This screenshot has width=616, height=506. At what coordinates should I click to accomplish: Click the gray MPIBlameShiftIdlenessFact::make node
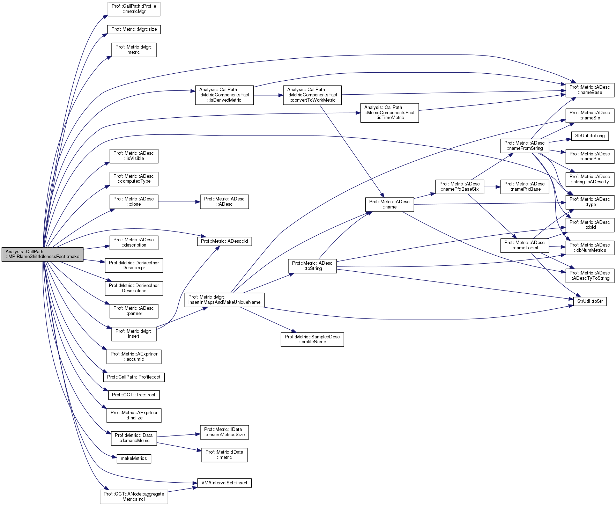pos(42,254)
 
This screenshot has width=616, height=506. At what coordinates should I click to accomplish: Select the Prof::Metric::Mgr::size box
pos(134,29)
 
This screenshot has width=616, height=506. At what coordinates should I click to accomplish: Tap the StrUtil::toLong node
pos(589,136)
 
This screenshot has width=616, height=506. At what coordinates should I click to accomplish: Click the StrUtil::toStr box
pos(590,301)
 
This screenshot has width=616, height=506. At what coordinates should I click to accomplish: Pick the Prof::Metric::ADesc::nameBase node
pos(589,90)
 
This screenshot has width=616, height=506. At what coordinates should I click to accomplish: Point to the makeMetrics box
pos(134,459)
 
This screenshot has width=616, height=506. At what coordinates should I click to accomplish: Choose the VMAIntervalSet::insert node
pos(224,483)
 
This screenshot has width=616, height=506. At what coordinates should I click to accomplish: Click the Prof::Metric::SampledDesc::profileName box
pos(312,339)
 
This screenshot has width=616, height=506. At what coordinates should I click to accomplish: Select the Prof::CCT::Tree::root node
pos(134,395)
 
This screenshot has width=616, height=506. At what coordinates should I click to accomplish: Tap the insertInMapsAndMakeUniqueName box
pos(224,300)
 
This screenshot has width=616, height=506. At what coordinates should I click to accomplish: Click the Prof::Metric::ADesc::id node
pos(224,241)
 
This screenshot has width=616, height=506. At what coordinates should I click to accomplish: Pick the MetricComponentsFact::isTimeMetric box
pos(389,113)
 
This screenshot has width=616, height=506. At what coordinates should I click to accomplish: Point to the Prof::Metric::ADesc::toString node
pos(312,266)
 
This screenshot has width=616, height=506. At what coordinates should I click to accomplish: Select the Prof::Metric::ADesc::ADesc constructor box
pos(224,202)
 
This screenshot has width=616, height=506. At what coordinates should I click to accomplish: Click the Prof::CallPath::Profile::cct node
pos(134,377)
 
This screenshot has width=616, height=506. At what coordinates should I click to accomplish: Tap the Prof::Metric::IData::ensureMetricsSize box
pos(224,432)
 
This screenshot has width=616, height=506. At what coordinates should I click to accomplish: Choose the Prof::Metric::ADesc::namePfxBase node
pos(524,187)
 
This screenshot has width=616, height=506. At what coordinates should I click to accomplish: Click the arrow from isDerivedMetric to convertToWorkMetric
pos(268,95)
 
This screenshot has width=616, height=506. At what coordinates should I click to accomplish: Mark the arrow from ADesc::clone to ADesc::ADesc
pos(179,202)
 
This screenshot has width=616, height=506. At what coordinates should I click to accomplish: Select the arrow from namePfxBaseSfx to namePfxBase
pos(492,187)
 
